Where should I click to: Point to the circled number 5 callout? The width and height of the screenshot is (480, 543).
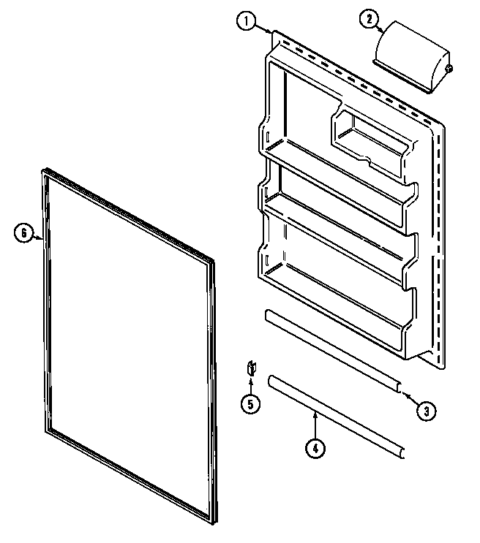click(x=250, y=403)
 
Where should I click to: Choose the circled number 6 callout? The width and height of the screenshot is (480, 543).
click(x=23, y=234)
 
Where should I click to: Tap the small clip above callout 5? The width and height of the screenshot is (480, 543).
click(x=250, y=368)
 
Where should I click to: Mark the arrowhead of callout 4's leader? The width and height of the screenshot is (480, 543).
click(x=315, y=413)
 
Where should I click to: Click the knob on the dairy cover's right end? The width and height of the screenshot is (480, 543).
click(x=449, y=69)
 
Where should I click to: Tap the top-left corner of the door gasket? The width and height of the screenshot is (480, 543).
click(x=40, y=172)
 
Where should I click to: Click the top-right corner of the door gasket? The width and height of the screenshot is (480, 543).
click(x=213, y=260)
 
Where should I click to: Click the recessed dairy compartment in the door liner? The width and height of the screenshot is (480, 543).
click(x=370, y=143)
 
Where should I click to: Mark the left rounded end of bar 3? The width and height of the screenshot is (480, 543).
click(x=267, y=316)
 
